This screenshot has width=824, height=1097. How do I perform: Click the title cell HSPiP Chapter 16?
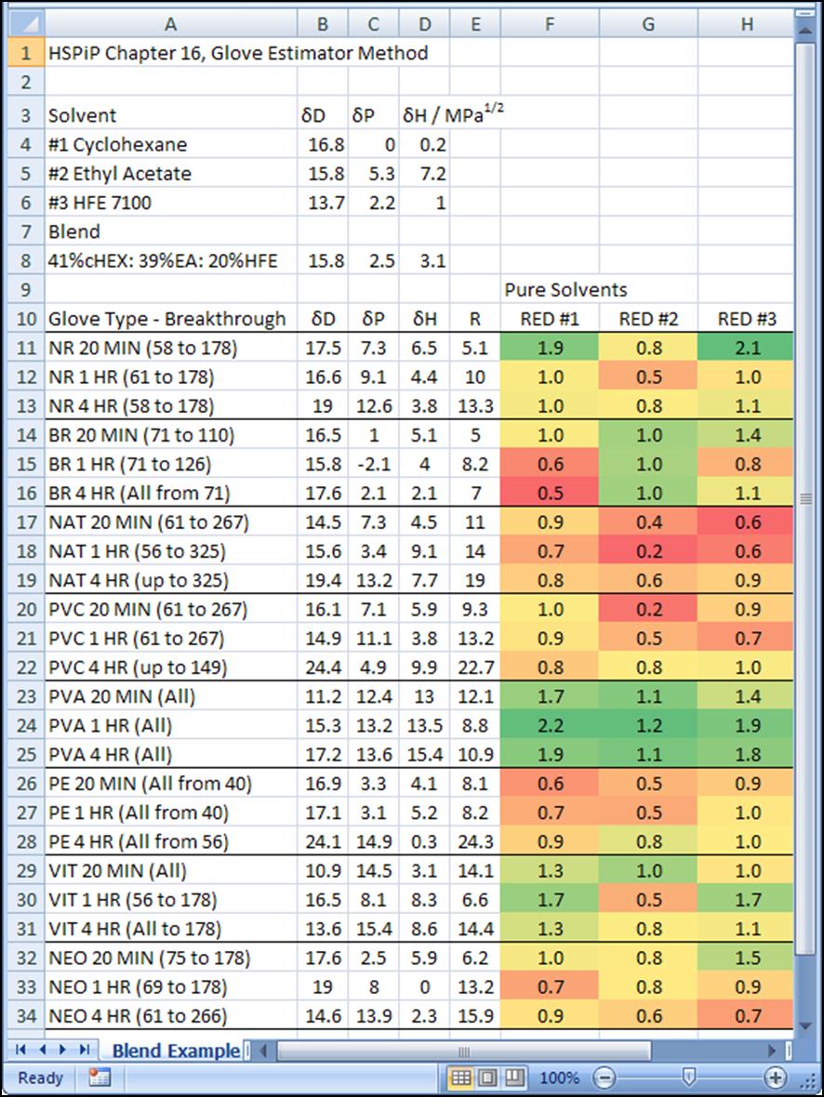[237, 53]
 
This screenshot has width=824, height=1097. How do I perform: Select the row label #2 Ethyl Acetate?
[119, 174]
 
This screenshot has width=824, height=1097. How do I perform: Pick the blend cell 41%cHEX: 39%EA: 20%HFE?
[162, 261]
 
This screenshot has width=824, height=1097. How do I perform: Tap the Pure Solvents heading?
[565, 290]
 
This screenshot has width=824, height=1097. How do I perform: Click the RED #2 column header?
[648, 319]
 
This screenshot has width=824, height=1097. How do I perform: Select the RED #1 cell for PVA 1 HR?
[550, 725]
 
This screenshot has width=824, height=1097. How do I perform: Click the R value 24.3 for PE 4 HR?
[474, 842]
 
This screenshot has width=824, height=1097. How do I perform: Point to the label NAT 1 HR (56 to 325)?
[137, 551]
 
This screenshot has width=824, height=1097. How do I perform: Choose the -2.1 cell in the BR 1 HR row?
[374, 464]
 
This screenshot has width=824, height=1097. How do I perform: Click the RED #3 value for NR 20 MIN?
[747, 348]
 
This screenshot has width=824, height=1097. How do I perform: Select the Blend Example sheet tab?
[176, 1051]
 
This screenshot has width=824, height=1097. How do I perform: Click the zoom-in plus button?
[775, 1078]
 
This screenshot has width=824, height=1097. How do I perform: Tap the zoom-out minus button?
[605, 1078]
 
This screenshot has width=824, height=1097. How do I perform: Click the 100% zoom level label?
[560, 1078]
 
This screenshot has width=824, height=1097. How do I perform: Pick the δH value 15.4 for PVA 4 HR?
[424, 755]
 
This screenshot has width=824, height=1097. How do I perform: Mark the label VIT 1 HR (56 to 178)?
[133, 900]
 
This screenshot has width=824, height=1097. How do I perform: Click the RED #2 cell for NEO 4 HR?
[648, 1016]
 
